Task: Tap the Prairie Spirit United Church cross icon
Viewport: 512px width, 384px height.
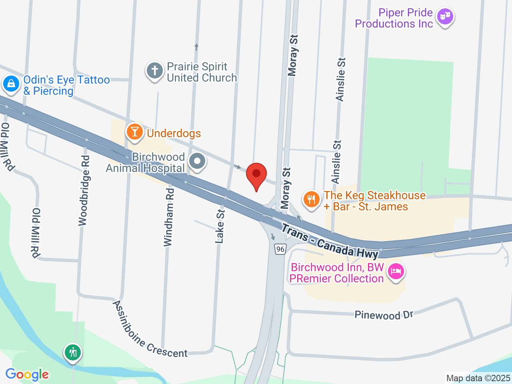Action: [154, 71]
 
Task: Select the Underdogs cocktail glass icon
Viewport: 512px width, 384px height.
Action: [135, 132]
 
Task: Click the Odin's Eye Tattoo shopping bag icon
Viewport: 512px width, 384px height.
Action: [11, 84]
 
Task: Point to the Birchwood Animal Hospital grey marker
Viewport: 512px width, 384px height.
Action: [197, 161]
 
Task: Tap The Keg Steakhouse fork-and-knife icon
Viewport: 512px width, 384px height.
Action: [312, 199]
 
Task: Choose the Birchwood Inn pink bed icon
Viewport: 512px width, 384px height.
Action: [396, 272]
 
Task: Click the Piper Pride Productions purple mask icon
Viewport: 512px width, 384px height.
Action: [445, 16]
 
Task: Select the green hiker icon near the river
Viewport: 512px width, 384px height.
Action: [72, 352]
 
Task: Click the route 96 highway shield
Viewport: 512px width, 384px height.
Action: [280, 249]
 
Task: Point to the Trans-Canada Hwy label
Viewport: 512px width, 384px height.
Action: [330, 241]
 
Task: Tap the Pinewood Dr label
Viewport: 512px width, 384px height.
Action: [384, 315]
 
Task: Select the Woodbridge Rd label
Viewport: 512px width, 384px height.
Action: [84, 191]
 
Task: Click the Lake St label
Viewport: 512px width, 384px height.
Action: [220, 226]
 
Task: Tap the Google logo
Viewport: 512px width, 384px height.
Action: [27, 375]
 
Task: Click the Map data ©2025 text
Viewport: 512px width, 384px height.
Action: [478, 378]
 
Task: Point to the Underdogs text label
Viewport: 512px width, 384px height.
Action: [174, 133]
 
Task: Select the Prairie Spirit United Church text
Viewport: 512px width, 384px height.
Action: [202, 72]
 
